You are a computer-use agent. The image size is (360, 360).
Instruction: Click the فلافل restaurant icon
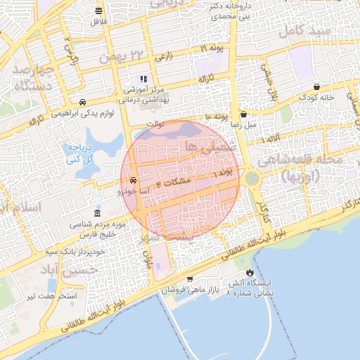click(x=98, y=11)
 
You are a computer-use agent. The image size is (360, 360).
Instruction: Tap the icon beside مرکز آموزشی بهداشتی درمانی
click(x=143, y=79)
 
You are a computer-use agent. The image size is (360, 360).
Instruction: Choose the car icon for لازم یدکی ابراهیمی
click(x=84, y=101)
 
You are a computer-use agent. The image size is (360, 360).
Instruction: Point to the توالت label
click(x=154, y=124)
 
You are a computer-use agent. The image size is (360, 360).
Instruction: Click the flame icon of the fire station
click(x=250, y=273)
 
